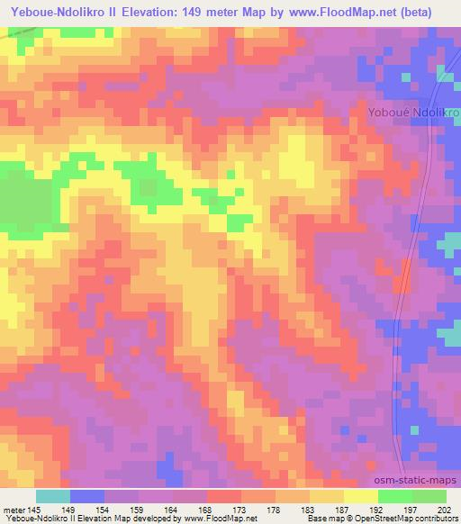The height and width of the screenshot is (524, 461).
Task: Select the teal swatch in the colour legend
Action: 52,496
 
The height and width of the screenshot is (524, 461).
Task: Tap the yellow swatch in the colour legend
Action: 360,496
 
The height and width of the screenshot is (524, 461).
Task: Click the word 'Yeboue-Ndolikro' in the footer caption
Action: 37,519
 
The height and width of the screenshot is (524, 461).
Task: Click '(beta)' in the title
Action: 417,11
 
